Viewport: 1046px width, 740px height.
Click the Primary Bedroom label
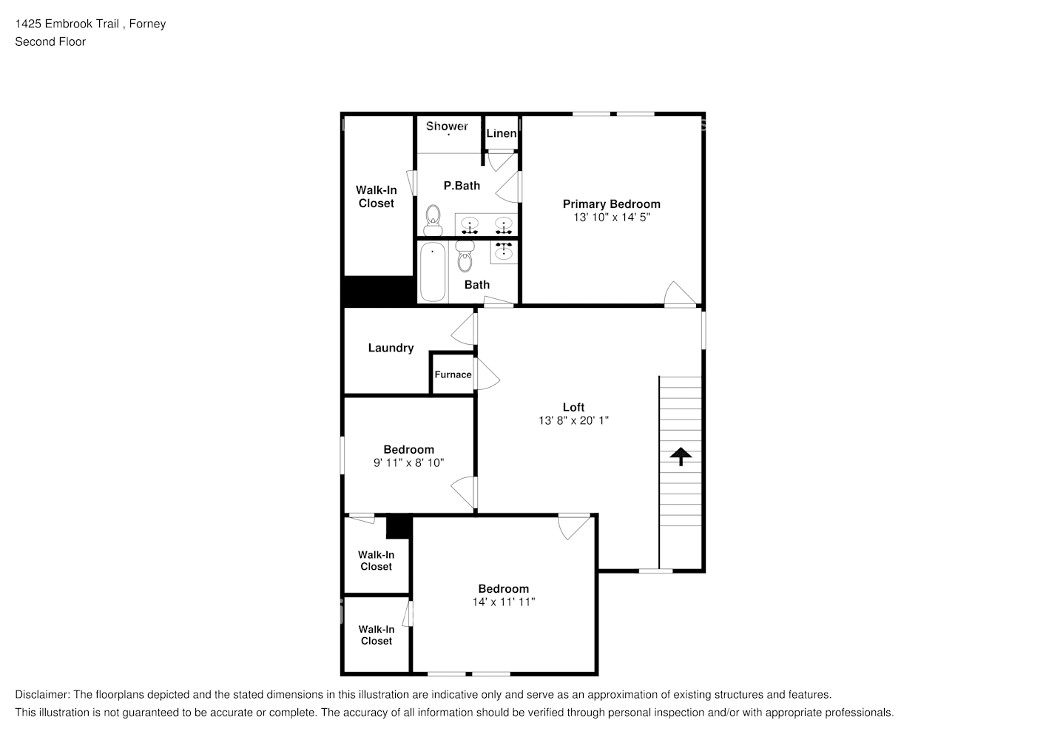click(611, 204)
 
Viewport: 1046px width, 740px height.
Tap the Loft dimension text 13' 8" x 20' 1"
click(573, 420)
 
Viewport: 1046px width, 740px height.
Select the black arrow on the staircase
click(681, 457)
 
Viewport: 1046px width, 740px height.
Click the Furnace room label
click(453, 374)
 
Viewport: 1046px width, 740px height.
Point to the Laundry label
click(391, 348)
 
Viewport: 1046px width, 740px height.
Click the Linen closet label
click(502, 134)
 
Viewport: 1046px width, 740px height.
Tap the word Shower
click(447, 126)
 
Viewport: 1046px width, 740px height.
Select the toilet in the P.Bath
click(433, 220)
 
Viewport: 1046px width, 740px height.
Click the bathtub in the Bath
click(433, 272)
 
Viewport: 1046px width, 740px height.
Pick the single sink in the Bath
click(503, 252)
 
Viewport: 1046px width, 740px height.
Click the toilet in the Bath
click(465, 256)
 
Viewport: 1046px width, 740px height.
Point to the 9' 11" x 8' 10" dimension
click(408, 463)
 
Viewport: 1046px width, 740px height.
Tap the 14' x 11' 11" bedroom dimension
click(503, 602)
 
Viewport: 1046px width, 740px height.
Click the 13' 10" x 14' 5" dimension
click(612, 218)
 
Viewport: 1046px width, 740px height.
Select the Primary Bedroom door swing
click(680, 293)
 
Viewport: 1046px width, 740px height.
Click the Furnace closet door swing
click(487, 374)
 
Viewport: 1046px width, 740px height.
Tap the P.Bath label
click(462, 186)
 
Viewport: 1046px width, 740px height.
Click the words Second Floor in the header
click(50, 42)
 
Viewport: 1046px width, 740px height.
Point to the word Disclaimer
click(42, 695)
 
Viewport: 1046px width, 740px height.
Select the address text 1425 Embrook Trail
click(67, 24)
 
